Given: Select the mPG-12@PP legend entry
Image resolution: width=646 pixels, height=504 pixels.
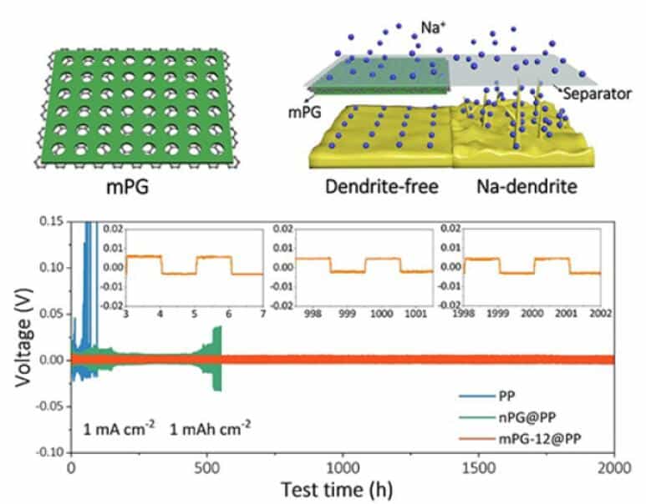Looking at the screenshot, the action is click(520, 439).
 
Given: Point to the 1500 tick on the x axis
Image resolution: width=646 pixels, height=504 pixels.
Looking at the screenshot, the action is click(479, 468).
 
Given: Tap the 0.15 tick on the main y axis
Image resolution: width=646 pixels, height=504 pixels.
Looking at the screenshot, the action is click(52, 221).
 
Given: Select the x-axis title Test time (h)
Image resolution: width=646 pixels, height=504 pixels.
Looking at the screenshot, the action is click(337, 490).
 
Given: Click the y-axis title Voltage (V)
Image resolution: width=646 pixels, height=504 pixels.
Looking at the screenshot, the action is click(23, 337).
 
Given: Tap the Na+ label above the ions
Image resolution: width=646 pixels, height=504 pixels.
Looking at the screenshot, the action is click(434, 28).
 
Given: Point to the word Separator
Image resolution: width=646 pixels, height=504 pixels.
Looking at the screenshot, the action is click(597, 93).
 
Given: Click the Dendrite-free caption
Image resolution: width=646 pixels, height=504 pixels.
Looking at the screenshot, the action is click(382, 187).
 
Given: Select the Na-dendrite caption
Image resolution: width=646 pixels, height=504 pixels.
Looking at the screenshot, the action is click(527, 187).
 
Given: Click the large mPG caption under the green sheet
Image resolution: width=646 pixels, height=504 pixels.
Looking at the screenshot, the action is click(128, 188).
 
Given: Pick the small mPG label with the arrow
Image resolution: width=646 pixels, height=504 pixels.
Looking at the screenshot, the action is click(304, 112).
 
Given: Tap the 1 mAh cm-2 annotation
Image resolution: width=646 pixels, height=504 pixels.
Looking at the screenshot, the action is click(210, 429).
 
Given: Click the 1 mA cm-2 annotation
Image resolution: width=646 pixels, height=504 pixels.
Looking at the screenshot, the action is click(119, 429).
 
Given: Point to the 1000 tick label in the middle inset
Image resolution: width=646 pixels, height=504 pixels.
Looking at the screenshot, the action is click(382, 314).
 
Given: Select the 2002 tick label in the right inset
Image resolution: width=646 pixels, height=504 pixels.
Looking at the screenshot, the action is click(600, 314).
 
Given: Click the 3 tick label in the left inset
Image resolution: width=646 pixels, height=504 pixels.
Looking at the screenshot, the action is click(126, 315).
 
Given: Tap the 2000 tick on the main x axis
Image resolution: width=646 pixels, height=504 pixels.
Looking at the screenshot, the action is click(614, 468).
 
